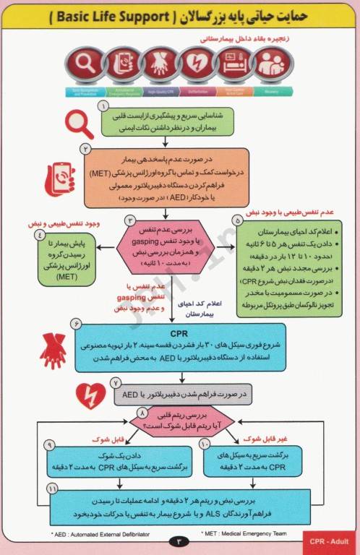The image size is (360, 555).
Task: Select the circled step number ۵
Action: pyautogui.click(x=236, y=220)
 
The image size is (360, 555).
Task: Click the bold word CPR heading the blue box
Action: pyautogui.click(x=179, y=335)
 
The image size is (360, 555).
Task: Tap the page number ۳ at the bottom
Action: pyautogui.click(x=179, y=541)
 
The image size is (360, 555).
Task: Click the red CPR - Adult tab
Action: pyautogui.click(x=330, y=541)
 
